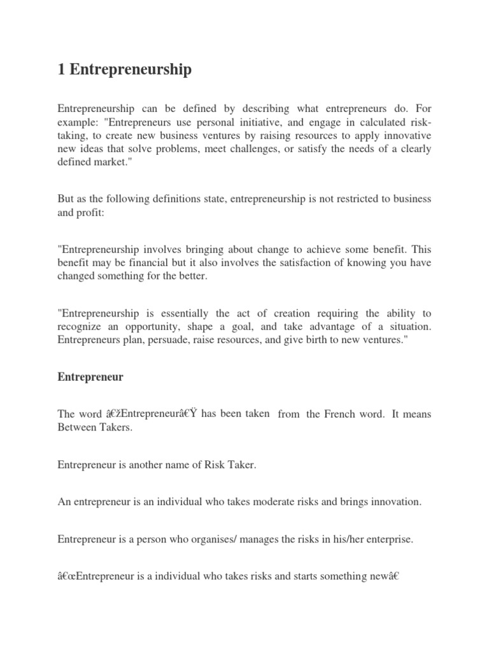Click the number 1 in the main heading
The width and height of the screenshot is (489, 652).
click(x=61, y=69)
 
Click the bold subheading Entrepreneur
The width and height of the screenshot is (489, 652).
click(x=90, y=377)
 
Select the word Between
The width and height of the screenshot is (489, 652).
click(x=76, y=427)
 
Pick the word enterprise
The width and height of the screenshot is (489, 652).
click(x=388, y=539)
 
